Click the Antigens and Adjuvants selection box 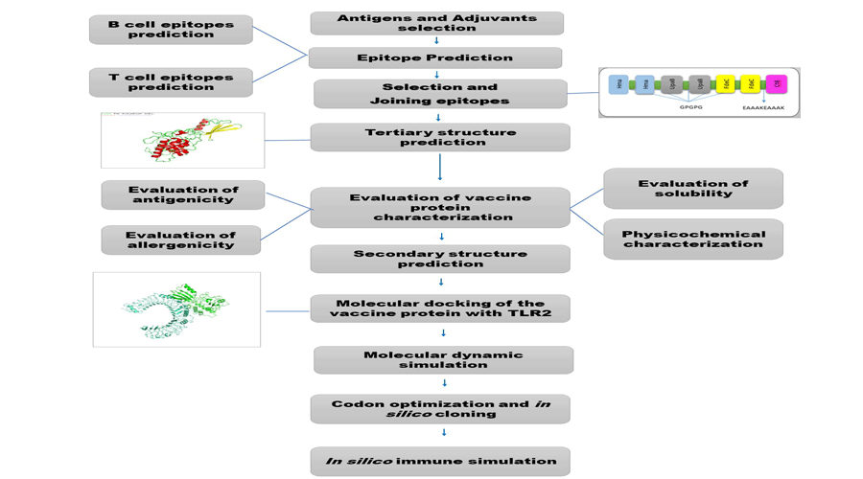tap(436, 23)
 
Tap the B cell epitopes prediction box tap(171, 30)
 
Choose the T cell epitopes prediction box tap(171, 82)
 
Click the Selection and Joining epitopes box tap(440, 93)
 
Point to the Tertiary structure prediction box tap(440, 137)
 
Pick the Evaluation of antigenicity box tap(182, 194)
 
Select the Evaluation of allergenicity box tap(180, 239)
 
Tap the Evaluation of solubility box tap(692, 188)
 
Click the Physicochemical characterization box tap(692, 239)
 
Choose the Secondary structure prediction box tap(440, 259)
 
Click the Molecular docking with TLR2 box tap(440, 308)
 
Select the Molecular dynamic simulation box tap(443, 359)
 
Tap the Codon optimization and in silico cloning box tap(440, 409)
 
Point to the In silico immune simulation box tap(440, 461)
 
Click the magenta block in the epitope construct tap(776, 84)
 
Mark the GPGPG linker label tap(690, 107)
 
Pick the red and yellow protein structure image tap(182, 140)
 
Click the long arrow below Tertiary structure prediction tap(440, 167)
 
